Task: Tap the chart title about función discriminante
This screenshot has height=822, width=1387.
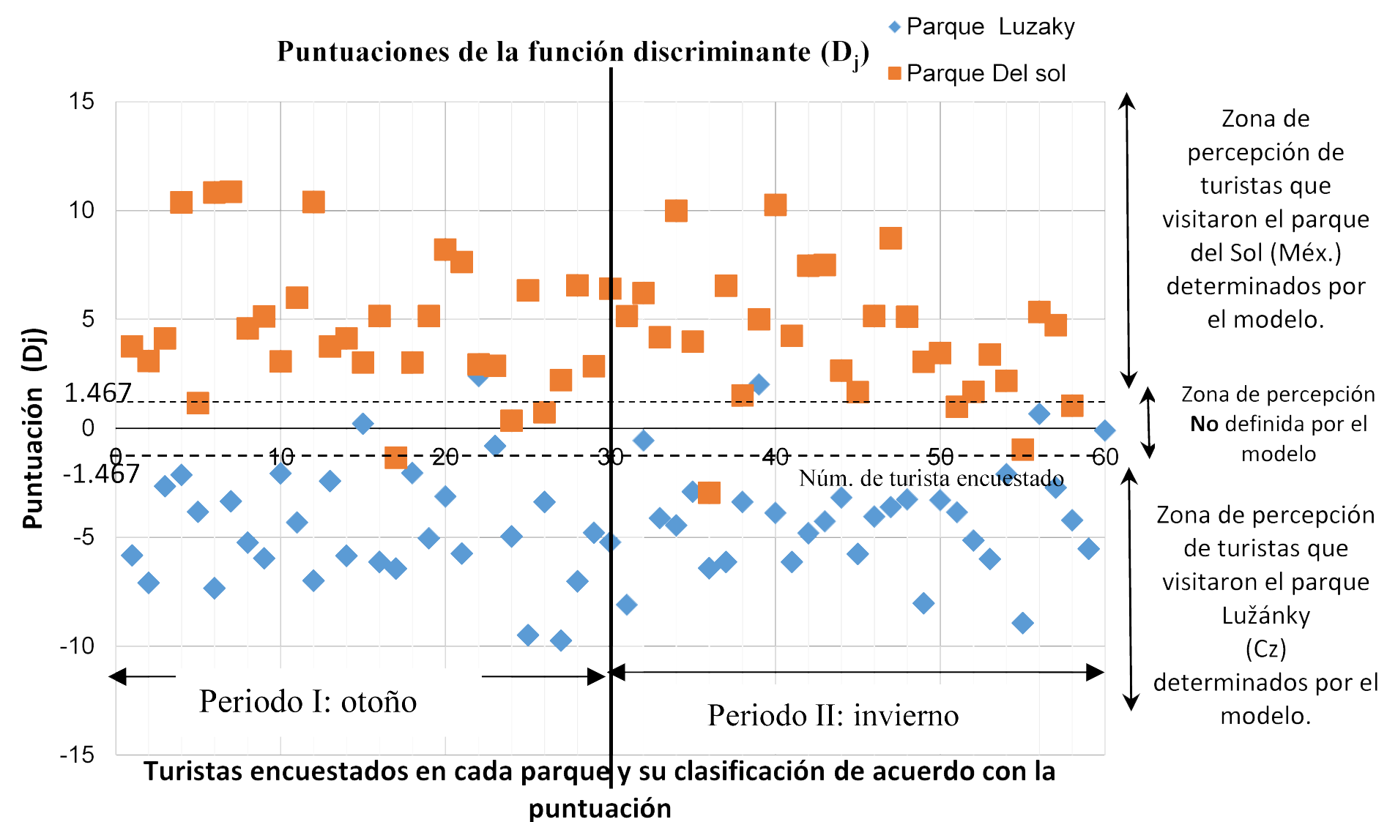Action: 572,53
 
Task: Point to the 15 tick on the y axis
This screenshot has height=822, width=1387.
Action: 82,101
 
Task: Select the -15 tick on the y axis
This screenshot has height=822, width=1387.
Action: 78,754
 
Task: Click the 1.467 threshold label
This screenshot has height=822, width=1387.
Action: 97,394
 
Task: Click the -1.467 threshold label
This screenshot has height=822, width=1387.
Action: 101,474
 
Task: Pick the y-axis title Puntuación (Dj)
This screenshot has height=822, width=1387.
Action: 34,428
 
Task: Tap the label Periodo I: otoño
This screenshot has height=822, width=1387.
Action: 308,701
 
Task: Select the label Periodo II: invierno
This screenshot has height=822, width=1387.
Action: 833,715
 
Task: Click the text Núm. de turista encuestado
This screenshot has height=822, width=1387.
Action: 931,479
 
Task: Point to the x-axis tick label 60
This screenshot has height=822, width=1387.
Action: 1105,457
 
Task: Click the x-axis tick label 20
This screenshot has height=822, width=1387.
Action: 445,457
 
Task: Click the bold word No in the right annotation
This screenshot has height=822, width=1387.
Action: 1204,425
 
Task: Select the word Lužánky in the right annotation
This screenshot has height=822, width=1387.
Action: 1265,616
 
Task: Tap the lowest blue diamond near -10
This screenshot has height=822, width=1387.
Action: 561,641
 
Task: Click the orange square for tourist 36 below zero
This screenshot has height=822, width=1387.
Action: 709,493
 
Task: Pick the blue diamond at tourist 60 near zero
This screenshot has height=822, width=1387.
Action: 1105,430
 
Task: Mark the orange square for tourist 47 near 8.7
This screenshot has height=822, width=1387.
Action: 890,239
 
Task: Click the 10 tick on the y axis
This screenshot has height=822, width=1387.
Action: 82,211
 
